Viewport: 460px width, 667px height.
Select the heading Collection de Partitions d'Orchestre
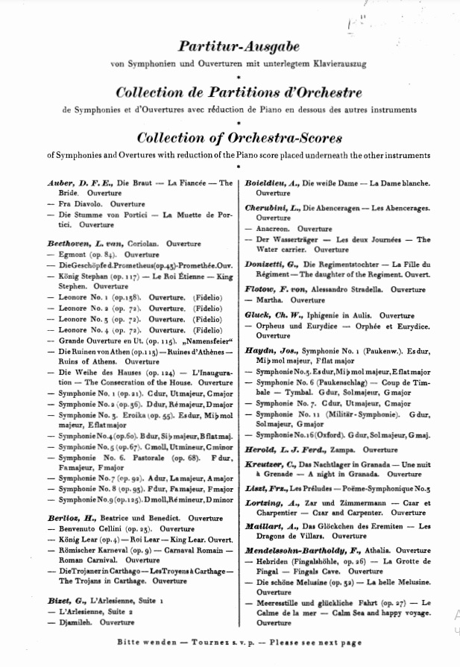click(239, 93)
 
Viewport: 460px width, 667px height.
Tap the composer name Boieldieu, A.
click(272, 183)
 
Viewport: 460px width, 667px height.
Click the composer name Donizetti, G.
click(273, 265)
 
